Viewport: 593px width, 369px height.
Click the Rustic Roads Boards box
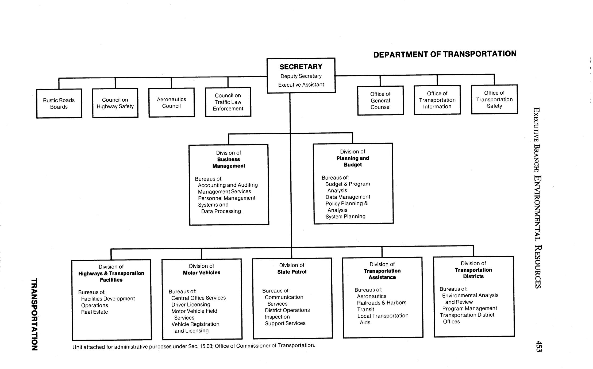[x=59, y=103]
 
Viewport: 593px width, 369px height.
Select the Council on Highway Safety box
[x=115, y=103]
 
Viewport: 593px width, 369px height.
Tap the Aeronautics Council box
[x=171, y=103]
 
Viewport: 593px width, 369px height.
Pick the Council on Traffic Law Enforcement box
[x=228, y=102]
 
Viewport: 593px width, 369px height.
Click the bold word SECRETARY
[x=301, y=67]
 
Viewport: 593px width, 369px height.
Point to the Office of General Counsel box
[x=380, y=101]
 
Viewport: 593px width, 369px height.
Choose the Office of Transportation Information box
[x=437, y=100]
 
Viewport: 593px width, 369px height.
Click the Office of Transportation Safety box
[x=494, y=99]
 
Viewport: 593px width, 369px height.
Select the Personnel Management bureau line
[x=226, y=198]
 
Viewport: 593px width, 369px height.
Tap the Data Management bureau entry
[x=348, y=197]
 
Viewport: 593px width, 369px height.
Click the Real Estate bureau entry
[x=94, y=312]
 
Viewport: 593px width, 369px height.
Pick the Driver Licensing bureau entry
[x=191, y=305]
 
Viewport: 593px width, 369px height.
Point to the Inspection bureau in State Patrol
[x=277, y=317]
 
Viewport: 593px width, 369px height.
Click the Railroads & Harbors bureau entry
[x=382, y=303]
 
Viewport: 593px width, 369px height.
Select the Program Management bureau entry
[x=469, y=309]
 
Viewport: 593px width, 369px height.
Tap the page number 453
[x=539, y=347]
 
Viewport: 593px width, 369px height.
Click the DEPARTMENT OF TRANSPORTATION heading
[x=445, y=54]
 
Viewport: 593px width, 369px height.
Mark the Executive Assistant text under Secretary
[x=301, y=85]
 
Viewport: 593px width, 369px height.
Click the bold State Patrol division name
[x=292, y=272]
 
